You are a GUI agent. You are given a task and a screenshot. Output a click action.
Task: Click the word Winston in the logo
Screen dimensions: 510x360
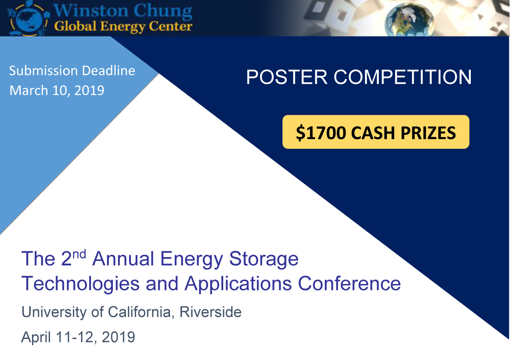91,11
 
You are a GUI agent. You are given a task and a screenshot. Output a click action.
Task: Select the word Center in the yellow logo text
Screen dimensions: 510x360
170,26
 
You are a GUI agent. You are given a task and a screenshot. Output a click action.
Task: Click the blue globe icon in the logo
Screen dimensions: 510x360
29,19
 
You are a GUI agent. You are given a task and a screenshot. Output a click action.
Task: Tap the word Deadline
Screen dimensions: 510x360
109,70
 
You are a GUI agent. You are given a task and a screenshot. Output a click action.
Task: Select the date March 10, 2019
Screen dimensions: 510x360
57,90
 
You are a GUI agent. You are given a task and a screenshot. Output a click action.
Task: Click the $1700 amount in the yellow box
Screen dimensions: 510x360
321,133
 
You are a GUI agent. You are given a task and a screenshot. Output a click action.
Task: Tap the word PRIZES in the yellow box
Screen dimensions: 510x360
428,133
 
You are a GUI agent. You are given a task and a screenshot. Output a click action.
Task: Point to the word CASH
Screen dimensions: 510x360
373,133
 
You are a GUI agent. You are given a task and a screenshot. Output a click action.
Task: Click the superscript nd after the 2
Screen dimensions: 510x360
79,254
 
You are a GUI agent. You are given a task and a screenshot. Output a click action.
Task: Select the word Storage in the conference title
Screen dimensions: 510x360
264,259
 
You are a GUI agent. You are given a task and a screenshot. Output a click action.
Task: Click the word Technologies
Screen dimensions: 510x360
80,284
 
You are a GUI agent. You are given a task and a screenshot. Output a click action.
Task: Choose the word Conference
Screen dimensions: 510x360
349,284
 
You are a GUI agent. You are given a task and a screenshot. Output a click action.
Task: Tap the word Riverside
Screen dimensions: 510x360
211,312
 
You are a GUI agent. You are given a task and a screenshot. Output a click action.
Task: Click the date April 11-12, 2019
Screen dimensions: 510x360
78,337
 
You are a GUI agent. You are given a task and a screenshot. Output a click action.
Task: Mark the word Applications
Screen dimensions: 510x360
238,284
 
